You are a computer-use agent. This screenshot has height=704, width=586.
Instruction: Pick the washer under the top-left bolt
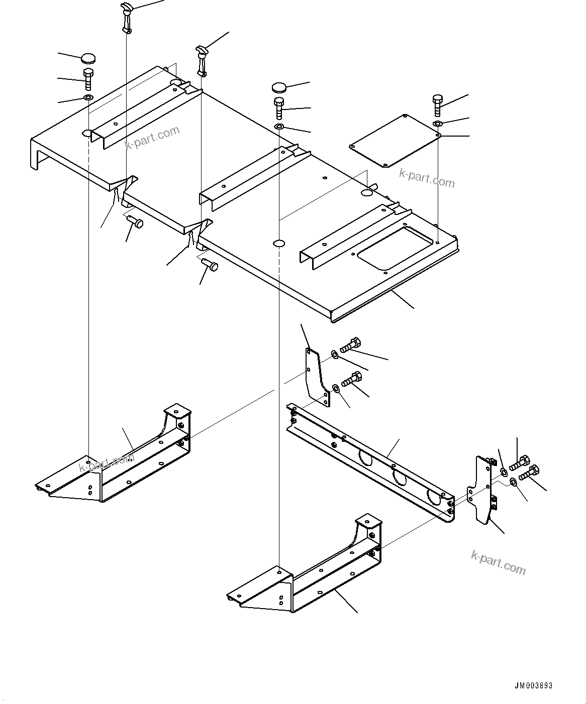[88, 97]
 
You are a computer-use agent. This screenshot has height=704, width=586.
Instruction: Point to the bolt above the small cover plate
[436, 104]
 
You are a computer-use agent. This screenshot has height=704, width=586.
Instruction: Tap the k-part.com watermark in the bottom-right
[498, 562]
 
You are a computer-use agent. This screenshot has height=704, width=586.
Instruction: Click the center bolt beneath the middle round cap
[279, 107]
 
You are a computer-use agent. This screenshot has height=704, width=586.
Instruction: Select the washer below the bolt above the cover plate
[437, 124]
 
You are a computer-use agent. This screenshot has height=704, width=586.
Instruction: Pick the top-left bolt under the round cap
[88, 78]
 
